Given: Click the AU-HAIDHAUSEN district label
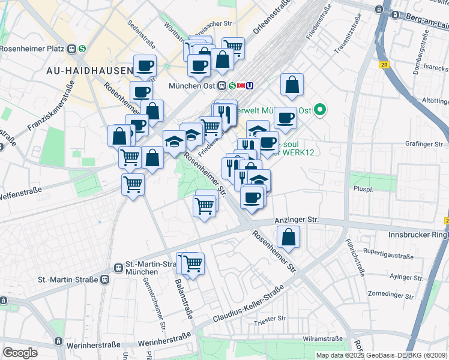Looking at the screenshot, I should [x=89, y=71].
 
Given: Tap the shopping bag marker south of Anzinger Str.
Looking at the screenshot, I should [x=289, y=237].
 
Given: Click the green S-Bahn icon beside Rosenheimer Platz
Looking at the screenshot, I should [x=82, y=49].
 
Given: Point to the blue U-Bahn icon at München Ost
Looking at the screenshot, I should [x=250, y=85].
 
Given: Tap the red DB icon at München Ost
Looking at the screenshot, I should [x=240, y=85].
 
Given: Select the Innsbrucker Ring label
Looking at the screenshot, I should [x=415, y=234].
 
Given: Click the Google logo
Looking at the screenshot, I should [x=20, y=353].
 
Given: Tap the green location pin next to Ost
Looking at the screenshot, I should [x=320, y=110].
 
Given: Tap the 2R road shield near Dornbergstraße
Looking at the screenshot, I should [x=384, y=64].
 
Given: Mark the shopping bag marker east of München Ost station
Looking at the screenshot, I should [x=292, y=85].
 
